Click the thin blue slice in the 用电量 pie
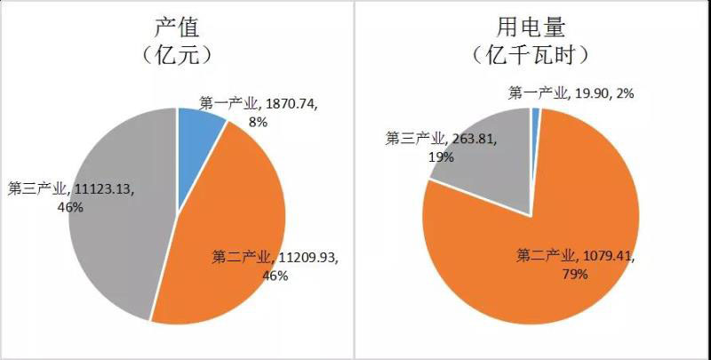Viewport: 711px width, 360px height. [535, 114]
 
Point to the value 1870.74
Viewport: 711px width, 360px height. [293, 104]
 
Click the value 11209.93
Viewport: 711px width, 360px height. [308, 258]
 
